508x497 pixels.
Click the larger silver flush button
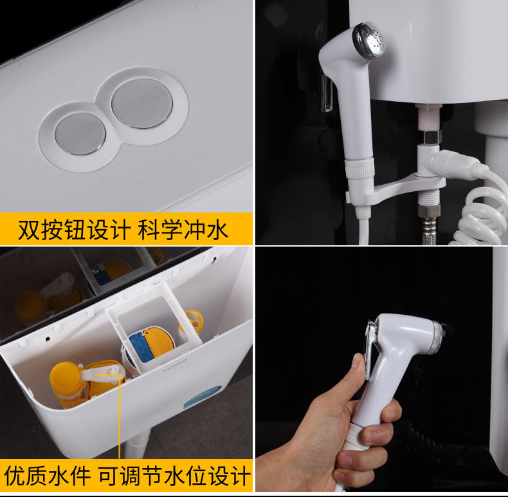click(x=142, y=103)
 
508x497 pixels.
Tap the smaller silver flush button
click(x=80, y=134)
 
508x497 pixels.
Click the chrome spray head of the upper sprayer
click(x=369, y=41)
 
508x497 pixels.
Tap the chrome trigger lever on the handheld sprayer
click(x=370, y=350)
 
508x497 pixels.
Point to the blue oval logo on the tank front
click(x=203, y=397)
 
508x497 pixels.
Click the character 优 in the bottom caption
click(x=15, y=476)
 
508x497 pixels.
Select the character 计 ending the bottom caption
click(x=240, y=476)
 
